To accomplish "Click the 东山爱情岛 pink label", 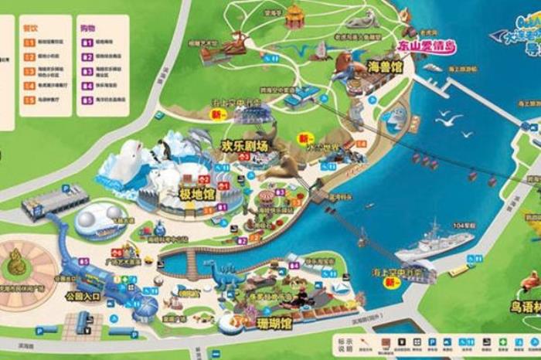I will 425,47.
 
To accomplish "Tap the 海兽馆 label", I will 385,67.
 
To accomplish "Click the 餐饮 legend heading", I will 30,27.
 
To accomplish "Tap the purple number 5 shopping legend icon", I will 87,100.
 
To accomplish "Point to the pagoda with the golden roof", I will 294,15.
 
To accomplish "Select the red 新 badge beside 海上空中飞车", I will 392,283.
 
